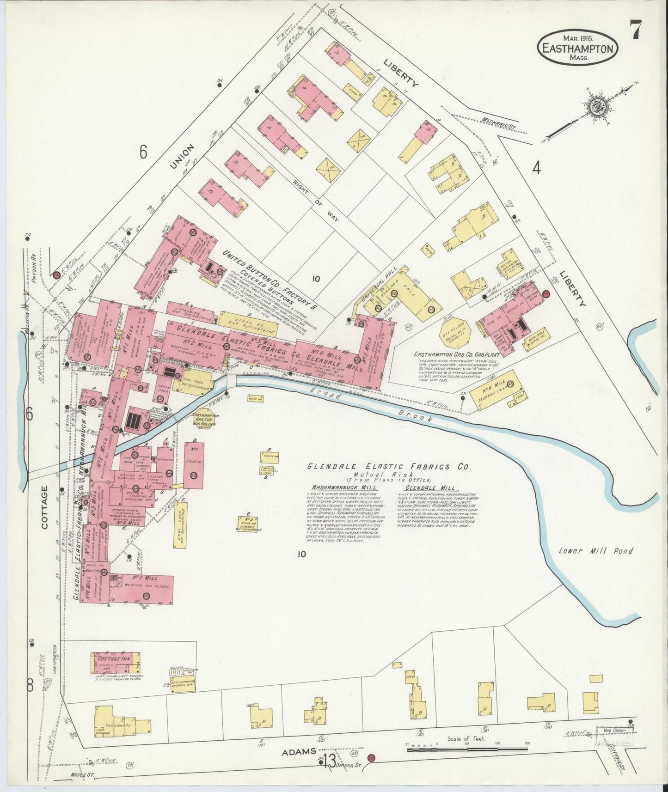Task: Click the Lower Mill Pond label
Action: (x=595, y=551)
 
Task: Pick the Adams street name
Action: (x=300, y=752)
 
